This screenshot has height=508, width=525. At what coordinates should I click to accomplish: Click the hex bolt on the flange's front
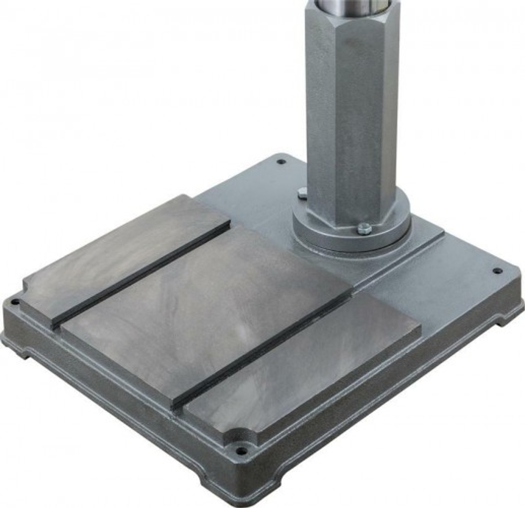coord(364,229)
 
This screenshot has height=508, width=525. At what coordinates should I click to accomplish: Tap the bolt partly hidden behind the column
coord(302,193)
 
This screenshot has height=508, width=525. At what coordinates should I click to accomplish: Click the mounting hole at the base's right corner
coord(497,271)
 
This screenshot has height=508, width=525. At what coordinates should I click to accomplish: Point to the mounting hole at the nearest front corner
coord(241,450)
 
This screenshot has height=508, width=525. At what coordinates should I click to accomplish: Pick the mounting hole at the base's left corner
coord(15,302)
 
